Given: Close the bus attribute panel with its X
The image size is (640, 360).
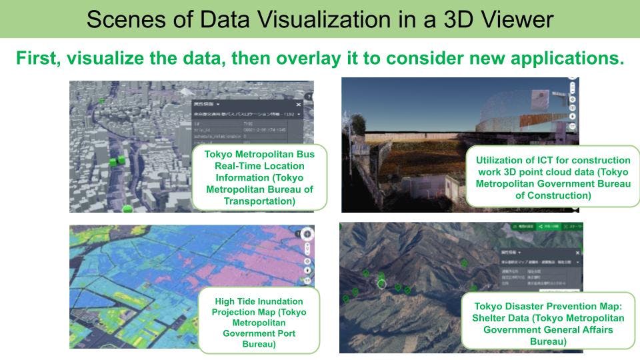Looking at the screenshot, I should [x=299, y=105].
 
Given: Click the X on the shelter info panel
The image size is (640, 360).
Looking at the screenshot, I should [x=578, y=253].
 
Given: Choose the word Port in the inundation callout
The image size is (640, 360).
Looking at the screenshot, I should [x=283, y=333].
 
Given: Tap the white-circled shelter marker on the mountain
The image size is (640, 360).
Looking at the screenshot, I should [x=382, y=283].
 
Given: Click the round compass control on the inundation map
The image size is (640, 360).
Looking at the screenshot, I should [x=306, y=234].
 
